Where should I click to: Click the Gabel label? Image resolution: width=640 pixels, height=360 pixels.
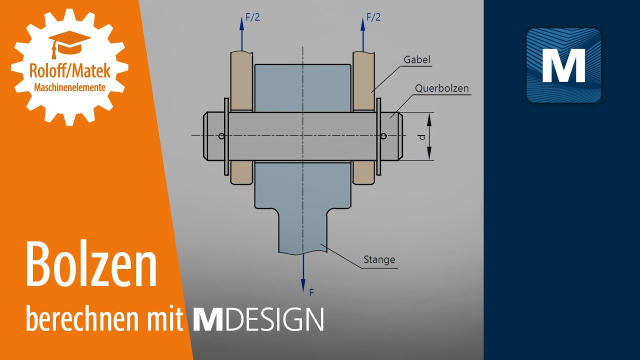417,60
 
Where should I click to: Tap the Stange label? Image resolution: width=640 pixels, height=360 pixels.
379,259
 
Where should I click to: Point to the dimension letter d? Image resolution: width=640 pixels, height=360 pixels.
423,136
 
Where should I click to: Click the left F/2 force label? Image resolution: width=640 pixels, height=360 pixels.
252,17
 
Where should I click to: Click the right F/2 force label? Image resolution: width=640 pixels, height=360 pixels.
373,17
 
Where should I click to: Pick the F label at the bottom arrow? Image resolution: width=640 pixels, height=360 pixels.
311,292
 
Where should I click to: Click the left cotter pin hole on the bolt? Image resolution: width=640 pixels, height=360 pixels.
221,135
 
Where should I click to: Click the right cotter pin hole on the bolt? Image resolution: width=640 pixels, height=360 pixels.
383,135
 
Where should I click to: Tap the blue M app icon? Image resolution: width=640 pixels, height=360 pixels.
563,65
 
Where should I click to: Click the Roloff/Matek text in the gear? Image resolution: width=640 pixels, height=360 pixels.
69,70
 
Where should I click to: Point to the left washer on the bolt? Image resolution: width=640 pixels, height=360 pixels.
226,136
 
